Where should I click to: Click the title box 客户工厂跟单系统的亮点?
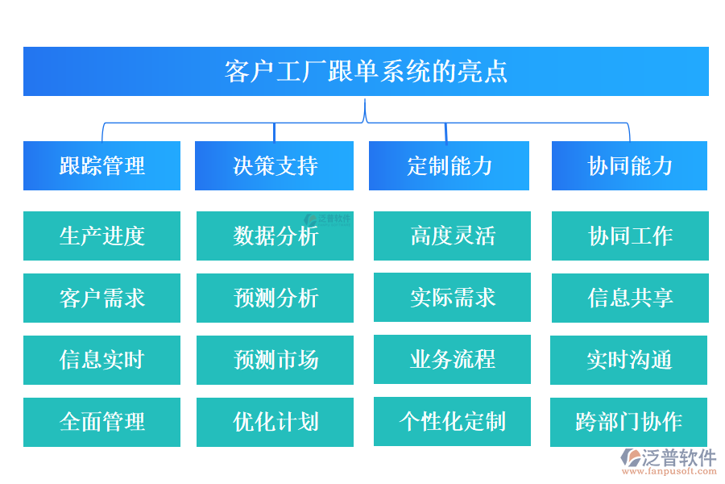pos(366,71)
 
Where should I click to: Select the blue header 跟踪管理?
pos(101,165)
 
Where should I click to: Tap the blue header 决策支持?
pos(274,165)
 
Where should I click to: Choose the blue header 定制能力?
pos(449,165)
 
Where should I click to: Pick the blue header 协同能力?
pos(629,165)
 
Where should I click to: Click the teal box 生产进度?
pos(101,236)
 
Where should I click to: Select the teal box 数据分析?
pos(275,236)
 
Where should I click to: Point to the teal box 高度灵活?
pos(452,236)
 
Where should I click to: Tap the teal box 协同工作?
pos(630,236)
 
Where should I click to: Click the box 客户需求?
pos(101,298)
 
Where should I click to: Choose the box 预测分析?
pos(275,298)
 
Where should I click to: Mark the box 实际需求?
pos(452,297)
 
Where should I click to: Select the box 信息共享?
pos(630,298)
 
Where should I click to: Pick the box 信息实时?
pos(101,360)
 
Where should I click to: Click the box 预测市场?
pos(275,360)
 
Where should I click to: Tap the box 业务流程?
pos(452,359)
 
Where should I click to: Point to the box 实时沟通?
pos(628,360)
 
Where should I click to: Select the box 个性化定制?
pos(452,421)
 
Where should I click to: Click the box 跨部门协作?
pos(628,422)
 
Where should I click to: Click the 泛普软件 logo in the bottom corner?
pos(668,461)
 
